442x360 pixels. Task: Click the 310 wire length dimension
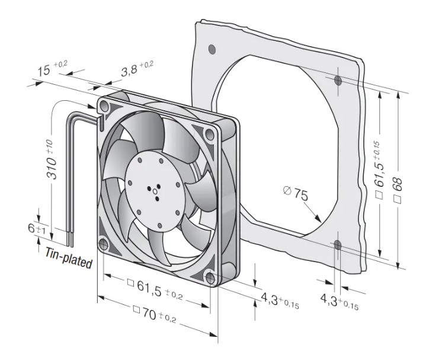pos(52,159)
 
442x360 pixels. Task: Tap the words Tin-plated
pos(69,258)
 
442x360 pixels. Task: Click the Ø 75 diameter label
pos(296,193)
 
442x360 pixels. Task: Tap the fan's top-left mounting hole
pos(104,106)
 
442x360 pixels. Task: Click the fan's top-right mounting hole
pos(209,133)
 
